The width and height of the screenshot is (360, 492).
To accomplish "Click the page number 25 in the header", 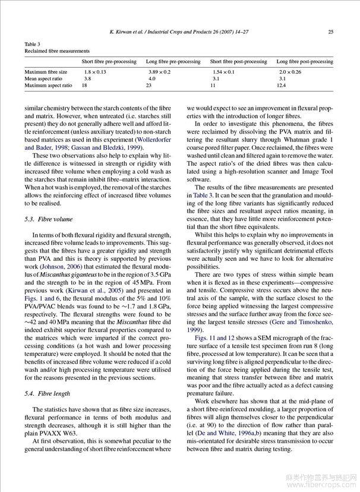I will click(x=330, y=31).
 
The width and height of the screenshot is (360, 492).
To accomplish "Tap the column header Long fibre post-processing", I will click(x=305, y=62).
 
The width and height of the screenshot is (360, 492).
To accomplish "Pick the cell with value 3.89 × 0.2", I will click(x=159, y=71).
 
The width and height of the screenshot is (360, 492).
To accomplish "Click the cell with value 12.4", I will click(x=281, y=86).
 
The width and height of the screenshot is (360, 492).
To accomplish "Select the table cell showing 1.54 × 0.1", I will click(x=223, y=71).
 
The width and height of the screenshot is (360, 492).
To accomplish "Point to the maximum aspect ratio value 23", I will click(x=149, y=86).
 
